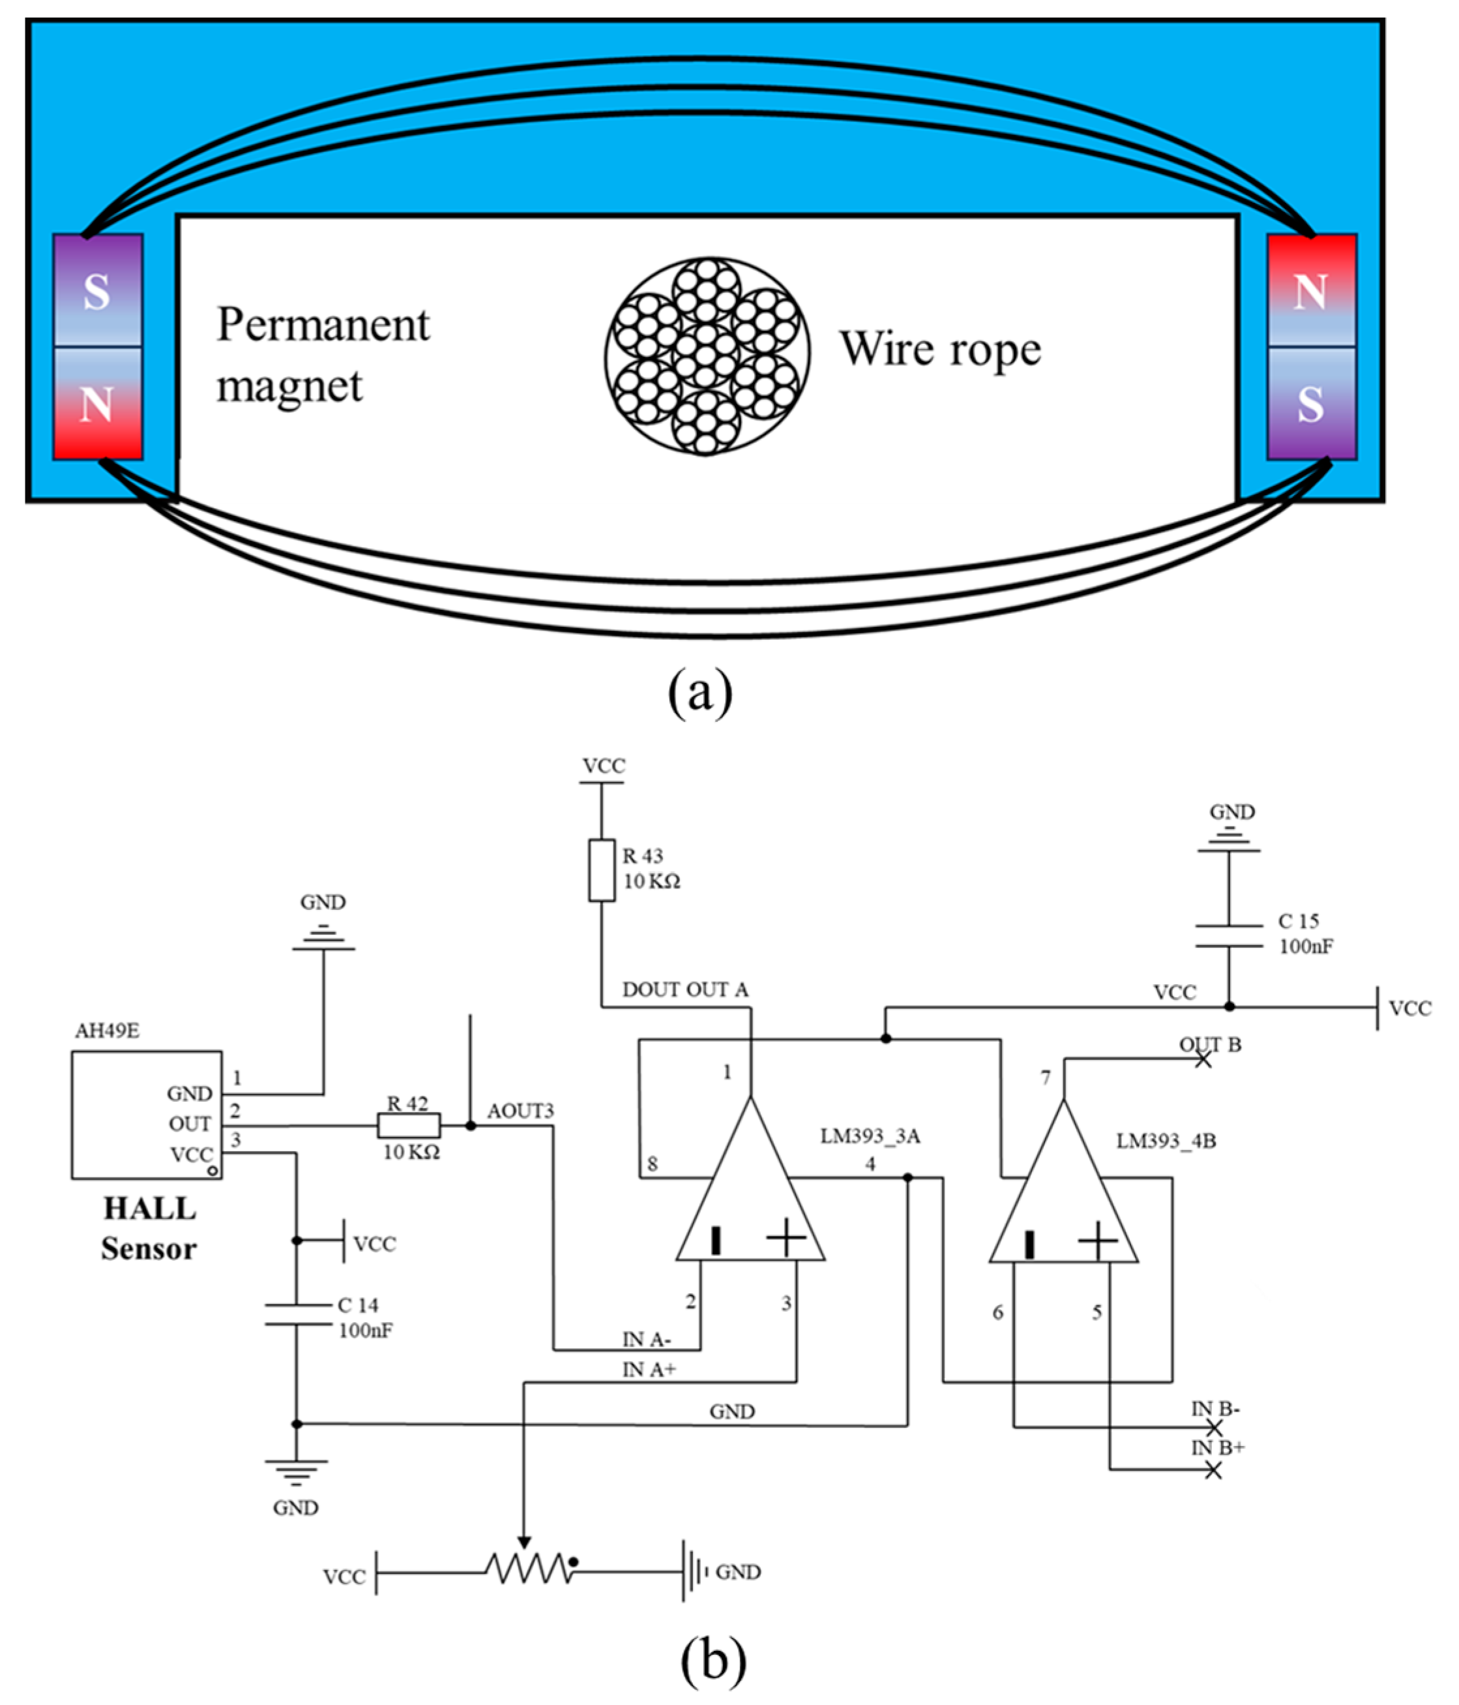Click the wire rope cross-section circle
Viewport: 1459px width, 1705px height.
point(707,355)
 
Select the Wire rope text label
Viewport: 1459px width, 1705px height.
point(940,350)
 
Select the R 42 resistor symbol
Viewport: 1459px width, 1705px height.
point(409,1126)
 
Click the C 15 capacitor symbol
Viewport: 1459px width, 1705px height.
point(1229,935)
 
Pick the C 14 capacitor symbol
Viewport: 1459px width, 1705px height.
point(297,1314)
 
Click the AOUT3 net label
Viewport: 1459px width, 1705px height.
point(520,1111)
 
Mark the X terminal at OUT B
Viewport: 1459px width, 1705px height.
point(1203,1059)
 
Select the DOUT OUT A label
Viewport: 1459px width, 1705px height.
point(685,990)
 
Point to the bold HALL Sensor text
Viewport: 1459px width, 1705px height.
point(149,1229)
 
